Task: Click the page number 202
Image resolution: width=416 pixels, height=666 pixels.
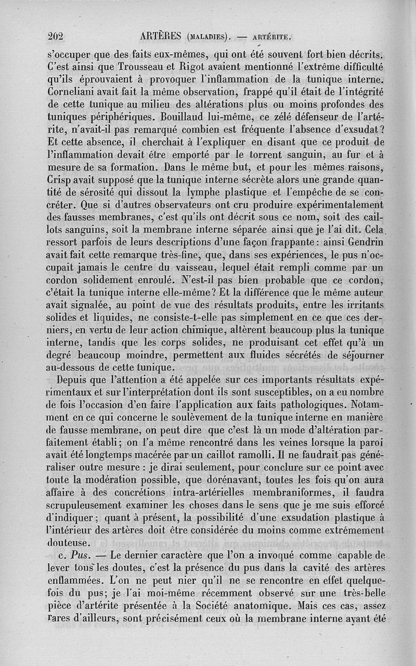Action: (x=55, y=36)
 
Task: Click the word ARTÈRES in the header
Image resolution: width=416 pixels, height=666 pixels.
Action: (x=162, y=36)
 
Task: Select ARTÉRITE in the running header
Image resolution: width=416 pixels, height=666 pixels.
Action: (x=270, y=37)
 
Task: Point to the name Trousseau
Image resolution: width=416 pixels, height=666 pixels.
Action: (x=145, y=67)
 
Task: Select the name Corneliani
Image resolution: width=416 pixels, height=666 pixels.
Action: (x=75, y=94)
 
